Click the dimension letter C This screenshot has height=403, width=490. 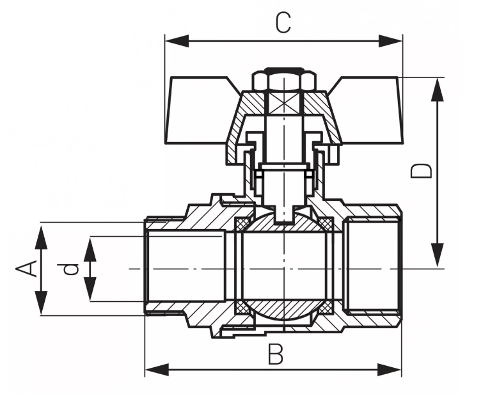pos(283,23)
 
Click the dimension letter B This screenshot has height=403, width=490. pos(276,354)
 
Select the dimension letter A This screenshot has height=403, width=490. pos(26,269)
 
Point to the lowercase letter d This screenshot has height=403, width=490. pos(70,269)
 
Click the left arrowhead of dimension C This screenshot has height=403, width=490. pos(177,41)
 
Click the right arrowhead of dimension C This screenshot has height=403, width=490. pos(390,41)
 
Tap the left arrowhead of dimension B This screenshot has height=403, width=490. pos(157,370)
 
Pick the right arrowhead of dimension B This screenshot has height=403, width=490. pos(390,370)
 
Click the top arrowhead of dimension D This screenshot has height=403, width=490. pos(437,90)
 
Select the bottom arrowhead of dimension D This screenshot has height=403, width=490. pos(437,255)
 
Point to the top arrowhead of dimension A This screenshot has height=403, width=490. pos(41,237)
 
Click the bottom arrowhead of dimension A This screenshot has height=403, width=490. pos(41,303)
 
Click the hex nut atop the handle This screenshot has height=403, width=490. pos(284,81)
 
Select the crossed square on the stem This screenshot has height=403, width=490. pos(284,104)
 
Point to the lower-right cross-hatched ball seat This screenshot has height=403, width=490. pos(326,308)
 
